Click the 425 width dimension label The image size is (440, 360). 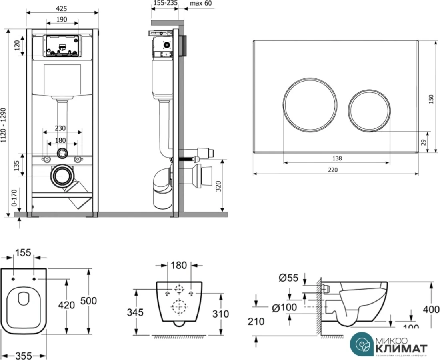pos(61,8)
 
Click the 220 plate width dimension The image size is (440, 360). pos(333,170)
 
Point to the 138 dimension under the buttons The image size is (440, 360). pos(337,158)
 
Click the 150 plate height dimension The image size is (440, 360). pos(431,99)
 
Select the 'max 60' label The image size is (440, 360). pos(201,4)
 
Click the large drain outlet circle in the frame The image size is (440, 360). pos(62,176)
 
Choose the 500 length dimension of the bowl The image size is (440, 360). pos(88,301)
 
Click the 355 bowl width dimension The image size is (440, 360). pos(23,355)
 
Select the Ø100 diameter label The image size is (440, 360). pos(284,308)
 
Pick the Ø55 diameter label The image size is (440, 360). pos(288,278)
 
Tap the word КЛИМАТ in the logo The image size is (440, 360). pos(401,348)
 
